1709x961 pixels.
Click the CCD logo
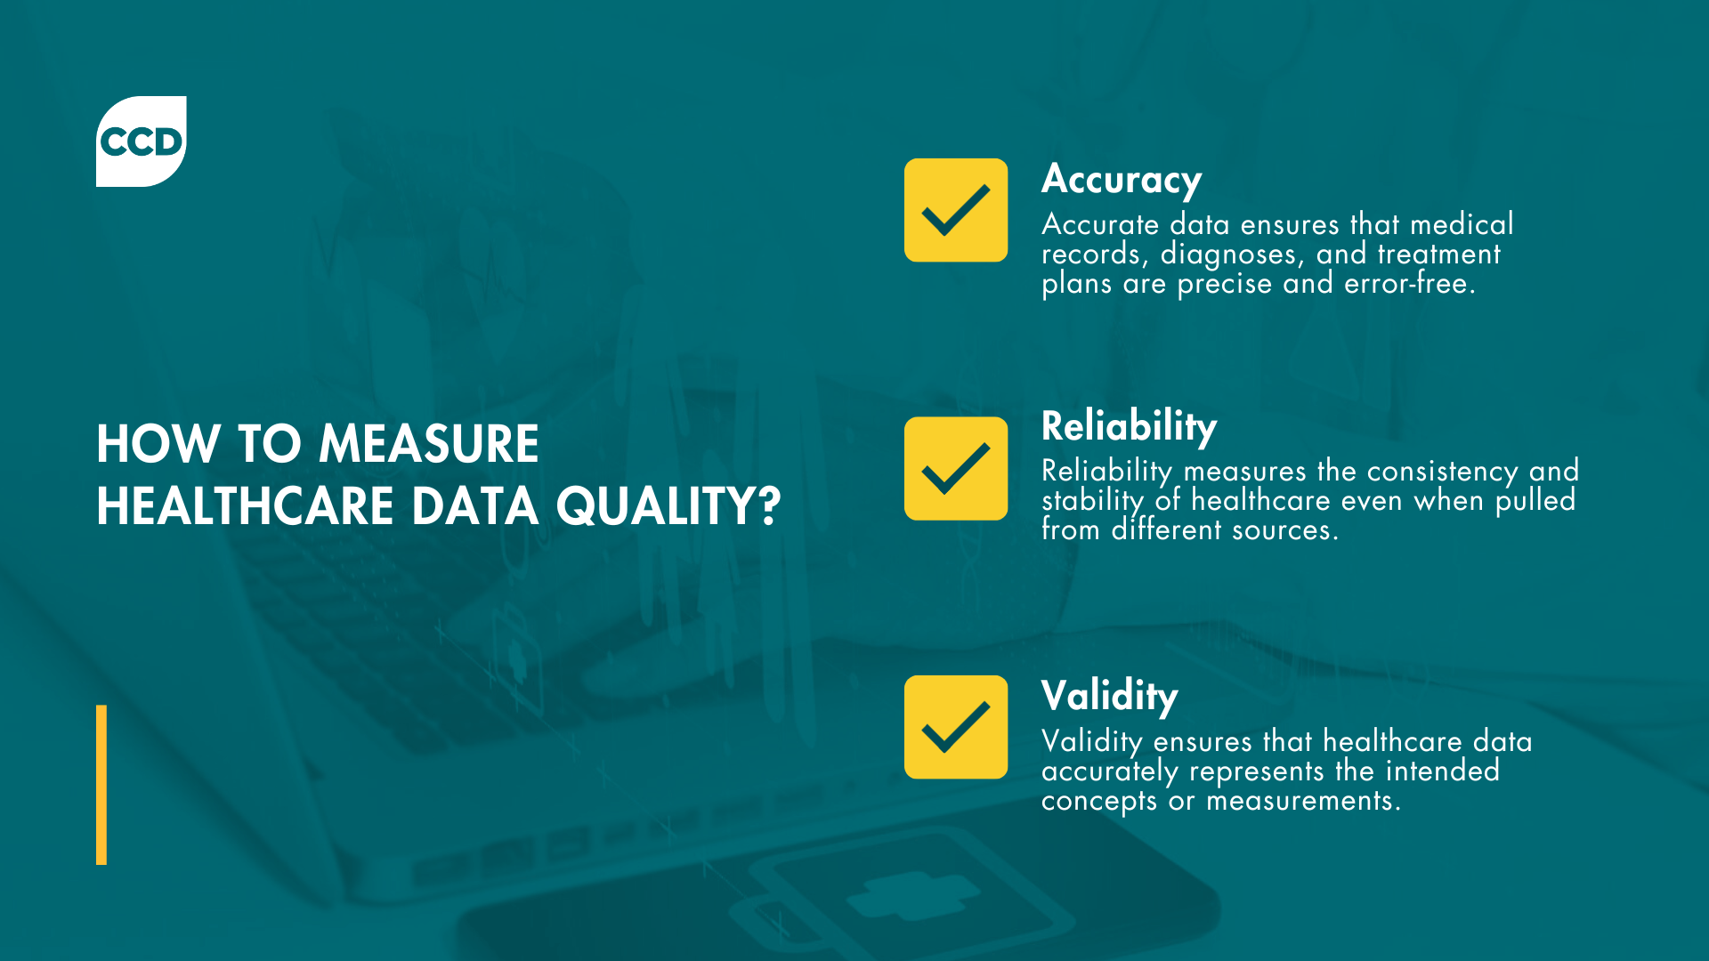(141, 141)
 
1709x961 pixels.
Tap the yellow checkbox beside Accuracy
(956, 210)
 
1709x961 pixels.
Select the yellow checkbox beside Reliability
(956, 468)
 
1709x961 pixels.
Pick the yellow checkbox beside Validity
(956, 727)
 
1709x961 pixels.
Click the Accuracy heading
(1122, 180)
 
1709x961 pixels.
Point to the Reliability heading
(1129, 426)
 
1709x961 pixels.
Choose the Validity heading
(1109, 696)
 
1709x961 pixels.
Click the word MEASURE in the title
(428, 443)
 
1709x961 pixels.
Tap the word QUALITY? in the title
(668, 505)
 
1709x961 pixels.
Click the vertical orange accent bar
(101, 785)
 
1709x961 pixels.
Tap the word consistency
(1442, 471)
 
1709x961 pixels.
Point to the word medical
(1462, 224)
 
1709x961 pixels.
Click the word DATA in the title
(474, 505)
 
